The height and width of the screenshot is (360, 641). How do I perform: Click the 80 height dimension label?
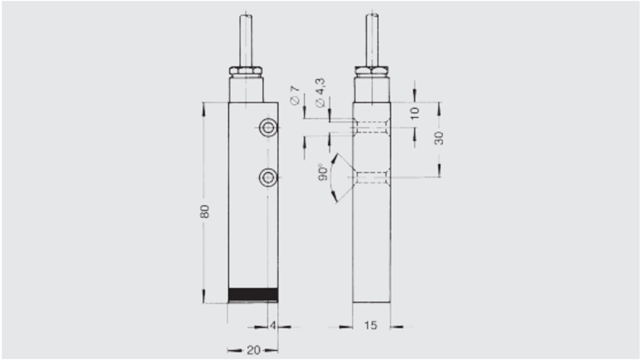click(x=205, y=211)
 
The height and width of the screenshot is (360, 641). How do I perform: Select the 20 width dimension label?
click(x=253, y=351)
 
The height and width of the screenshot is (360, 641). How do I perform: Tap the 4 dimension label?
click(x=273, y=326)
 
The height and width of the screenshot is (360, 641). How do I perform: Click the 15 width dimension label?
click(x=370, y=326)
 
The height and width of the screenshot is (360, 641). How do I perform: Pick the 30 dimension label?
click(x=439, y=138)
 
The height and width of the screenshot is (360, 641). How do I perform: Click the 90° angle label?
click(x=323, y=172)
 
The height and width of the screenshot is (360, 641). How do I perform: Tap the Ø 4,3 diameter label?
click(x=321, y=92)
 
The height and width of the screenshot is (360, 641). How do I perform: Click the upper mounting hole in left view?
click(x=268, y=128)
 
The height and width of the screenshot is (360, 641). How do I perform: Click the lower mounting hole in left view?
click(x=268, y=177)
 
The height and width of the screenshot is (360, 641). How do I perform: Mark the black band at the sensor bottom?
click(x=253, y=295)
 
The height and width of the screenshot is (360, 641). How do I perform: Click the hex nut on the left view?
click(x=246, y=71)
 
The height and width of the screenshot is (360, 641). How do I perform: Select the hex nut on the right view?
click(x=372, y=71)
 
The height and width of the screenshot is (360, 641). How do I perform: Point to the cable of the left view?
click(x=246, y=41)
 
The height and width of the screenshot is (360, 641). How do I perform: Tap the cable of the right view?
click(x=372, y=41)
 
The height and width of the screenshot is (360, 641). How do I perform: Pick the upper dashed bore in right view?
click(x=372, y=127)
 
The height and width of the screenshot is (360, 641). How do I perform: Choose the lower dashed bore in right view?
click(x=372, y=177)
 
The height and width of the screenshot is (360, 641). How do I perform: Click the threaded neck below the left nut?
click(x=246, y=88)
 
